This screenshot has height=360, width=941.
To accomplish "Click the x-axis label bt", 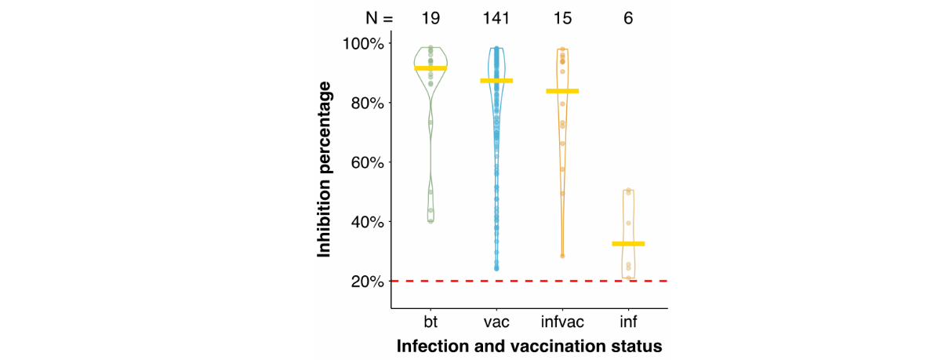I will tap(431, 322).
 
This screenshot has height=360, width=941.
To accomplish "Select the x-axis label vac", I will tap(496, 322).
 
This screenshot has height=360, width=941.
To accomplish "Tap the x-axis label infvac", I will tap(562, 322).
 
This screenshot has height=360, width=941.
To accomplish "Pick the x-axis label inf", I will tap(628, 322).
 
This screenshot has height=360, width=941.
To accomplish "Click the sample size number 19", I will tap(431, 17).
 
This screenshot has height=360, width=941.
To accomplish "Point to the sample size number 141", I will tap(496, 17).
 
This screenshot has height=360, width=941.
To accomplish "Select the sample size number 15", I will tap(562, 17).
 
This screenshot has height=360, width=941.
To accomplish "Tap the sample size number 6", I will tap(628, 17).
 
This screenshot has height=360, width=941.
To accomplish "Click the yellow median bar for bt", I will tap(431, 68).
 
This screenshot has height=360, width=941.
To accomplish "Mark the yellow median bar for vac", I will tap(496, 81).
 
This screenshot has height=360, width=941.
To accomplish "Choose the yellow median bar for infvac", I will tap(562, 91).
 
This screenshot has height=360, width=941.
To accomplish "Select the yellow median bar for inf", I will tap(628, 244).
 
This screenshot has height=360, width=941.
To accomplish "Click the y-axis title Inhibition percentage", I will tap(325, 162).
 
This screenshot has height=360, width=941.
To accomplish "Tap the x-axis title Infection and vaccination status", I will tap(529, 346).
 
